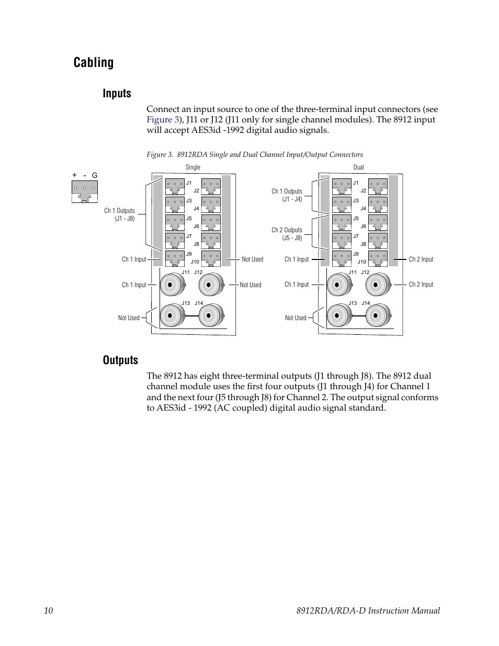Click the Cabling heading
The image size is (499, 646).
(x=94, y=63)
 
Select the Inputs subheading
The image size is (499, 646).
(x=117, y=94)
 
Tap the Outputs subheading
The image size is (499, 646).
(x=120, y=360)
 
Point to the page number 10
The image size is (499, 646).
(x=48, y=610)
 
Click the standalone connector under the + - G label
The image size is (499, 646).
(x=85, y=191)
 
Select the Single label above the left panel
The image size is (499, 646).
(x=192, y=167)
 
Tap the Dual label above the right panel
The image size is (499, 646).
(x=358, y=167)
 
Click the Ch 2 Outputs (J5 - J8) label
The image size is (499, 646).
(x=287, y=234)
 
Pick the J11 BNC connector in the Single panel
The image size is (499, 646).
(x=171, y=285)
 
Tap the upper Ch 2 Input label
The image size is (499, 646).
(x=421, y=259)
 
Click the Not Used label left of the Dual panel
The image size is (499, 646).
(x=296, y=318)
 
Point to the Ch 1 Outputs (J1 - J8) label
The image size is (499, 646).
(x=119, y=214)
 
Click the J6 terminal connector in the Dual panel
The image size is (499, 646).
(x=378, y=222)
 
